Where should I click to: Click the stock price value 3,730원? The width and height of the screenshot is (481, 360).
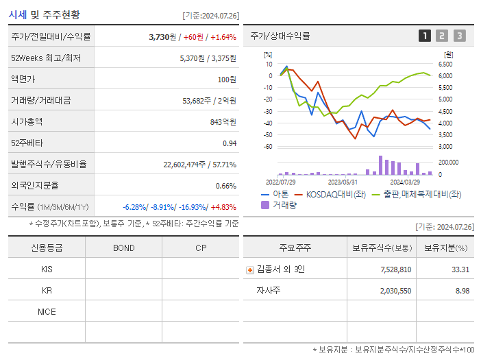164,36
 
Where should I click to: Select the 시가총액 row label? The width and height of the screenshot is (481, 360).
27,121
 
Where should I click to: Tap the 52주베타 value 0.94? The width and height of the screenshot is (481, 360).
229,143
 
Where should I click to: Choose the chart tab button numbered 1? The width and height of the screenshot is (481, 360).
425,36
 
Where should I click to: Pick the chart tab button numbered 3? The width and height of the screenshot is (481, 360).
459,36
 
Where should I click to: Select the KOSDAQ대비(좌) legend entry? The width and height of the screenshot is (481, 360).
330,194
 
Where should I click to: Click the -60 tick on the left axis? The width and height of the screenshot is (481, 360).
269,147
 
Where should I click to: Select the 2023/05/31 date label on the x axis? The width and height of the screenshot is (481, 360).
343,182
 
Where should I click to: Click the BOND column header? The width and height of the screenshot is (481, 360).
123,248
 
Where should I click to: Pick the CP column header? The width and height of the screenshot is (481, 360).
201,248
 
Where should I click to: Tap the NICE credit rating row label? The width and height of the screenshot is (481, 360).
47,311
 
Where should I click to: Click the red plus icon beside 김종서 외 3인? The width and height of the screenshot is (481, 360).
249,269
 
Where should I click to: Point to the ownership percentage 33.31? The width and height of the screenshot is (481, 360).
460,269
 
